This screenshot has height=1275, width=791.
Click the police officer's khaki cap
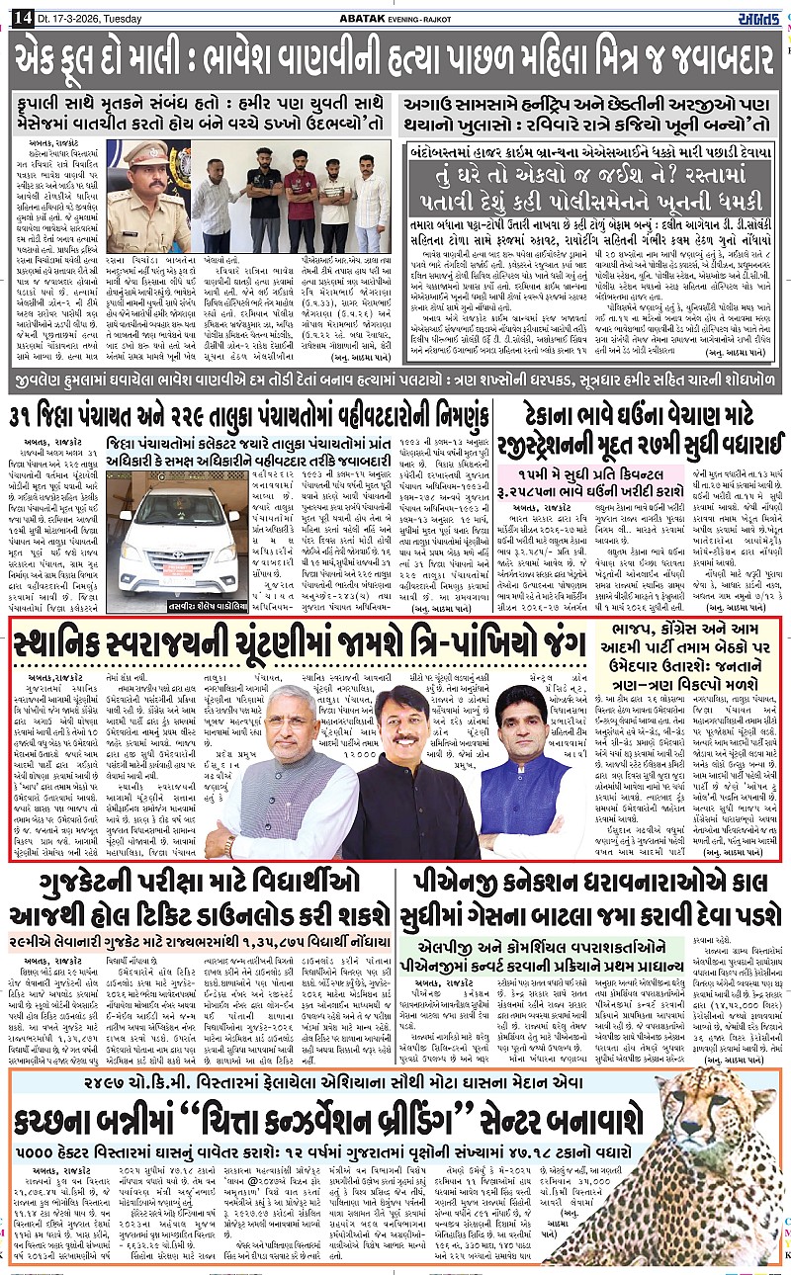pos(146,152)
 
